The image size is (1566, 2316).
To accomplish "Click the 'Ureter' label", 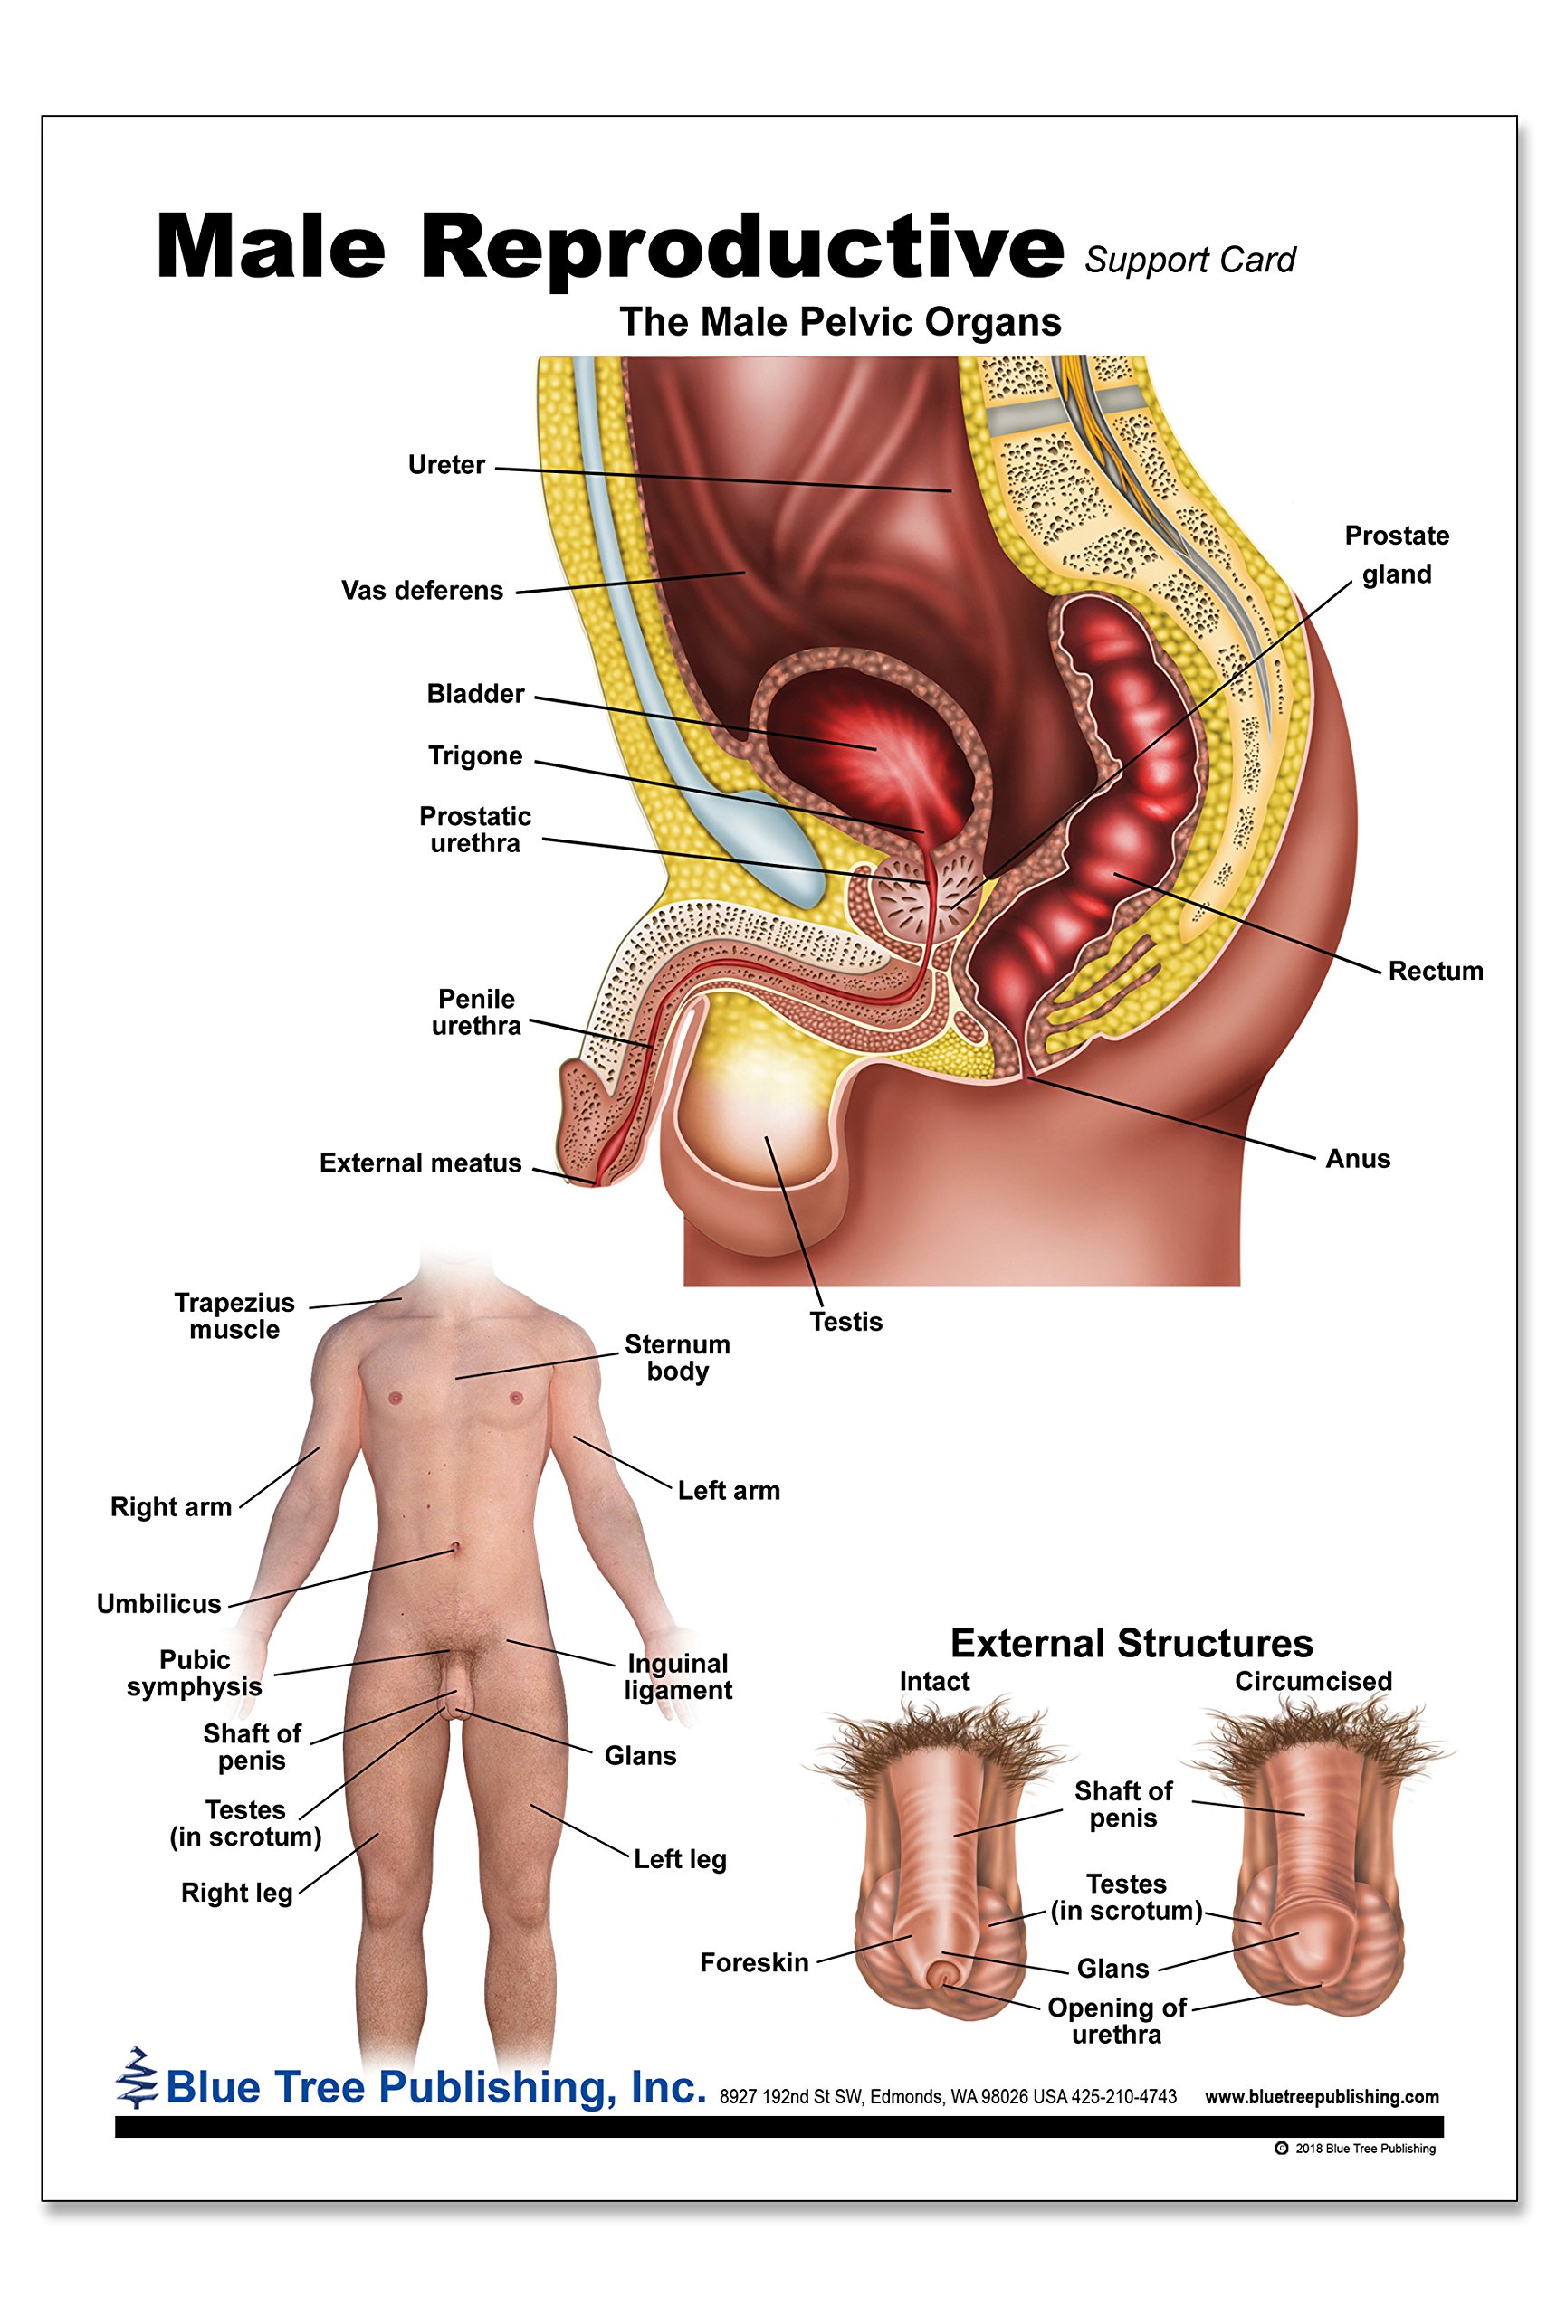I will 445,464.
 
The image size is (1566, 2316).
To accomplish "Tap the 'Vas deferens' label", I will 422,590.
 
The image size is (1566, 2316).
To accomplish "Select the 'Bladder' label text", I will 474,694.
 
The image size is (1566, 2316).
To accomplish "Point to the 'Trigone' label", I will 474,755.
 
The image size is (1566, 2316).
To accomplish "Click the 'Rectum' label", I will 1435,971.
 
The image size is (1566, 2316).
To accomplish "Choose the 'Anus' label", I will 1357,1158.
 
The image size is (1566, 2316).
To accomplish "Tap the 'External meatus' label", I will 420,1163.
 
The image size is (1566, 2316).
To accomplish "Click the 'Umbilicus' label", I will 158,1603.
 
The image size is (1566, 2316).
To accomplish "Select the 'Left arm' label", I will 729,1491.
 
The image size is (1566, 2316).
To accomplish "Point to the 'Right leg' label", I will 236,1893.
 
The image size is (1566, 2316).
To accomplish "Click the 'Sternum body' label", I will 677,1357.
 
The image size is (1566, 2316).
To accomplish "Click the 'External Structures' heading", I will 1131,1642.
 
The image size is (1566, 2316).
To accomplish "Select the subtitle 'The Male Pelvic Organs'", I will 839,322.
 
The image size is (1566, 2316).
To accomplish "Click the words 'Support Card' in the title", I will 1189,261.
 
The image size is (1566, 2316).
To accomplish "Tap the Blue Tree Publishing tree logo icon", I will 137,2078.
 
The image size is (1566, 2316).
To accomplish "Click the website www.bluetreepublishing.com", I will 1321,2097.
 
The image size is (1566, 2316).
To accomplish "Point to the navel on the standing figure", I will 454,1547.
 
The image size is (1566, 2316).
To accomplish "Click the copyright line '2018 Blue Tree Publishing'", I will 1362,2148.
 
